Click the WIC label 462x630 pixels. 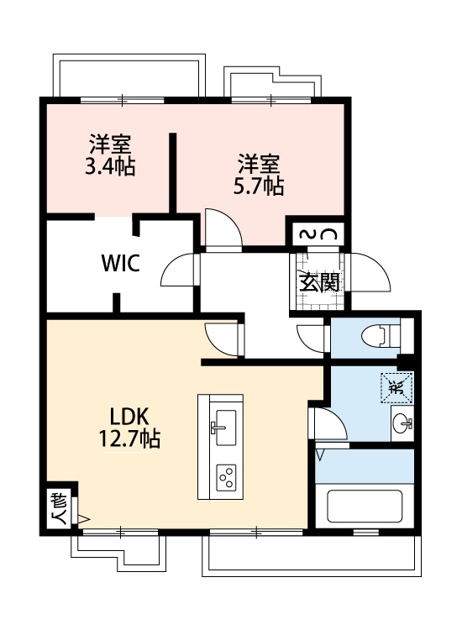[x=120, y=262]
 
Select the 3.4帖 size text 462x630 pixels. [x=110, y=166]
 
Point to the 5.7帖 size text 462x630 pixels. [x=258, y=186]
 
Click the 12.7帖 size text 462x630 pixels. [x=128, y=438]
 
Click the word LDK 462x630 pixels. [x=129, y=416]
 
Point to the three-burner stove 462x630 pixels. [x=226, y=478]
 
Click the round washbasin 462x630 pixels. [x=401, y=423]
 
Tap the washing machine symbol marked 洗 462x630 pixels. [x=396, y=387]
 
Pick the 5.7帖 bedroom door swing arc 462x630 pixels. [x=221, y=228]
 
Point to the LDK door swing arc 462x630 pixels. [x=223, y=338]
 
